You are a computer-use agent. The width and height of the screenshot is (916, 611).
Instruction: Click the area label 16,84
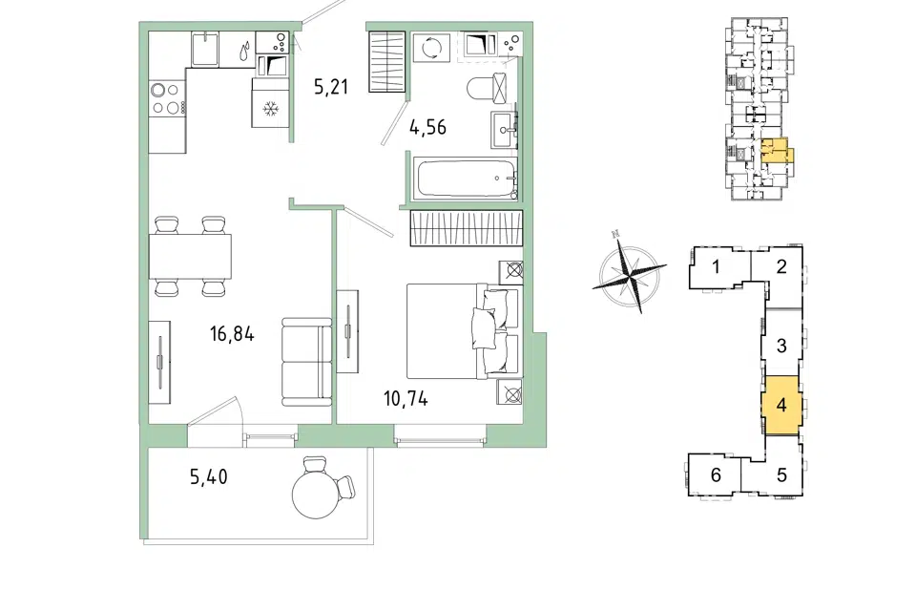[x=232, y=334]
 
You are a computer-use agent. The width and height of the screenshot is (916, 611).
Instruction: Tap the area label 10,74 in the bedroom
[x=406, y=399]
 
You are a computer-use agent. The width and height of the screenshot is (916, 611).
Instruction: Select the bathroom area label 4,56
[x=427, y=127]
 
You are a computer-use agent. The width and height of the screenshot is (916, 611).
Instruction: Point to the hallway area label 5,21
[x=331, y=87]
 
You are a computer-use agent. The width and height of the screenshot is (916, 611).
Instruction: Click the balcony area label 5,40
[x=209, y=477]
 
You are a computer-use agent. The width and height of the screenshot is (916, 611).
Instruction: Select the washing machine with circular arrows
[x=431, y=48]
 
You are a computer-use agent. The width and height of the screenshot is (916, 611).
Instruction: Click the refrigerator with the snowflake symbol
[x=270, y=102]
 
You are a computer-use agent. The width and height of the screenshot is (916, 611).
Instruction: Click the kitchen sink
[x=205, y=49]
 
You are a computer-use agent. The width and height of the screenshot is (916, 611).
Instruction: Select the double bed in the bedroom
[x=462, y=330]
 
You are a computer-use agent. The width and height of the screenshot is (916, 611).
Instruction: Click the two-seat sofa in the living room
[x=306, y=362]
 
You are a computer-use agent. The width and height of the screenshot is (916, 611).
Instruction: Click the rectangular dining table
[x=190, y=256]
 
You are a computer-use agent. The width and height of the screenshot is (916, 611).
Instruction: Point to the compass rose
[x=629, y=272]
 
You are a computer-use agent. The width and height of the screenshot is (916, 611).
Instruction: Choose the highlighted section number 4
[x=781, y=405]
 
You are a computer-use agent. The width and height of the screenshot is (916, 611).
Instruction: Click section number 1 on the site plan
[x=716, y=267]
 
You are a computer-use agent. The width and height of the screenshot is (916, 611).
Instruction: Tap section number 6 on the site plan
[x=716, y=474]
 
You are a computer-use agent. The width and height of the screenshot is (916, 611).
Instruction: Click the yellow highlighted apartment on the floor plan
[x=774, y=150]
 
